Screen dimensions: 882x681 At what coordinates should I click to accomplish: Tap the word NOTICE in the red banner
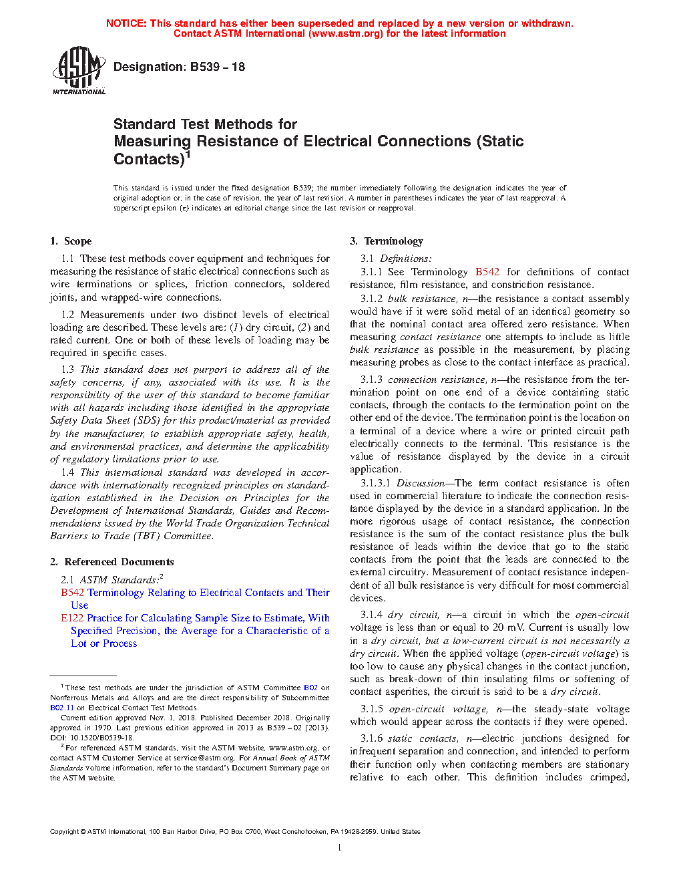[126, 23]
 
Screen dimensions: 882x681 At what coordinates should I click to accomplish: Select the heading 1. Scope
[71, 241]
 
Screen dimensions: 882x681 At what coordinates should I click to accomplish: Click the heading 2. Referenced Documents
[111, 562]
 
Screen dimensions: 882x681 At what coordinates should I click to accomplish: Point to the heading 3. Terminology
[387, 241]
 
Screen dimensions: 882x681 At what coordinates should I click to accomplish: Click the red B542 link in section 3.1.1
[487, 272]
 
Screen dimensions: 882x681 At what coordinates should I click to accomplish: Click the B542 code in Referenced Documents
[72, 593]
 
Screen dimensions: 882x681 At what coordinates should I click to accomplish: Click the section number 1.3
[67, 370]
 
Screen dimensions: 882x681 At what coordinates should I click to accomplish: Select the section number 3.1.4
[371, 615]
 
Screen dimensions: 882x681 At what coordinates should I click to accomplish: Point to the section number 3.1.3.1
[375, 483]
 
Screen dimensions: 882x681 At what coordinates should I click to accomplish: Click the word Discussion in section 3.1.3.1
[421, 483]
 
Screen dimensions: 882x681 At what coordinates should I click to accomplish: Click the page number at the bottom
[340, 848]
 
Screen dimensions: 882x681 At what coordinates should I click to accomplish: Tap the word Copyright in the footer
[64, 832]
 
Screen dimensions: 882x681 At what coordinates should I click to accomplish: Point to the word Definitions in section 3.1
[405, 259]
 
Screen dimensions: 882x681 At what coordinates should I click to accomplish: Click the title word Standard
[144, 124]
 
